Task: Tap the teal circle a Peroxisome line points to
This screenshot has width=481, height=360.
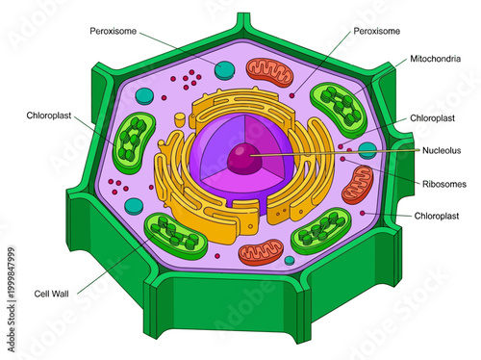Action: pyautogui.click(x=225, y=69)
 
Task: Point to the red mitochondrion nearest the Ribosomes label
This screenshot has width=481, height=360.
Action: pyautogui.click(x=358, y=183)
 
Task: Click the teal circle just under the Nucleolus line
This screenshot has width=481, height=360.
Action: pyautogui.click(x=367, y=151)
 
